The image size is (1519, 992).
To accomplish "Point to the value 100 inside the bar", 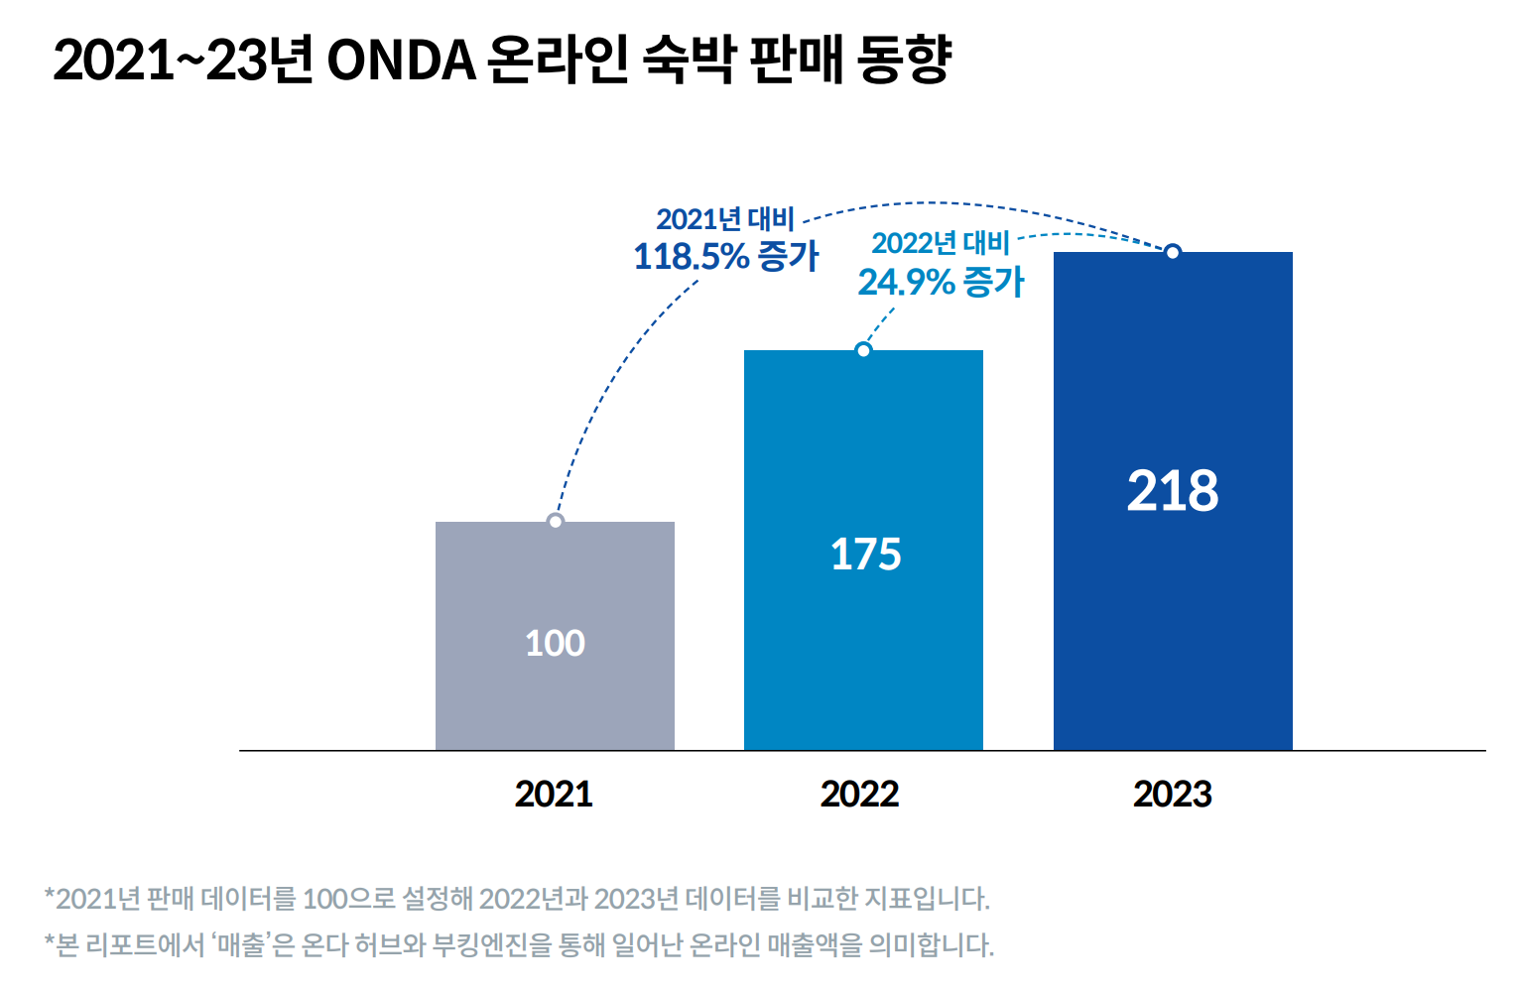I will coord(555,644).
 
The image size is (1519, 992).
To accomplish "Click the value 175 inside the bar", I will coord(865,555).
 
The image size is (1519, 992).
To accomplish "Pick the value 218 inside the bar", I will coord(1173,491).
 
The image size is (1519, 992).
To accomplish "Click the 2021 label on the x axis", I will coord(554,795).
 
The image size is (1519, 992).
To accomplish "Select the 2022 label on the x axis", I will coord(859,795).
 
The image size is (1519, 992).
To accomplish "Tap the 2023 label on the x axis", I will coord(1173,795).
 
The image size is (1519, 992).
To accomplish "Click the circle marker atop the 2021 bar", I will coord(556,521).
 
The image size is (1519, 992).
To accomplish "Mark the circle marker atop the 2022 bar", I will coord(863,350).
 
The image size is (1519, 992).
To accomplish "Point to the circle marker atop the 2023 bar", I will coord(1173,252).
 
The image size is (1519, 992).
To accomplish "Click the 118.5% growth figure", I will coord(691,257).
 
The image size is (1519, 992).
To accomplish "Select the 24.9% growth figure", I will coord(906,283).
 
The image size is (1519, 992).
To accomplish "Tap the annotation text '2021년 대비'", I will coord(725,219).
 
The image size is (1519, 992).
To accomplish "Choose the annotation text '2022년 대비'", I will coord(940,243).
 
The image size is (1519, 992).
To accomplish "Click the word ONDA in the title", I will coord(401,62).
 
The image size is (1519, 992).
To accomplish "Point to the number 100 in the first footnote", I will coord(325,900).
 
